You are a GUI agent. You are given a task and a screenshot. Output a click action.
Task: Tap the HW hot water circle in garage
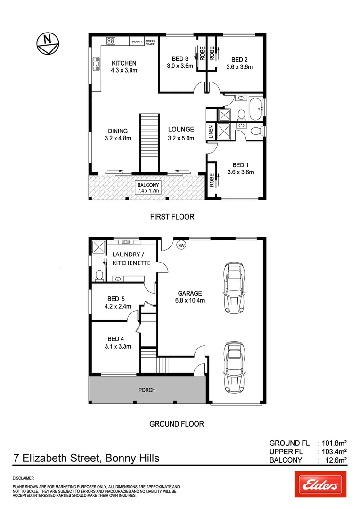click(x=181, y=245)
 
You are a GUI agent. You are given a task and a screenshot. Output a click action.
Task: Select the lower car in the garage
click(x=234, y=366)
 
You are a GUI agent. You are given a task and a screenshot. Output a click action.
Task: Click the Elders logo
click(x=320, y=484)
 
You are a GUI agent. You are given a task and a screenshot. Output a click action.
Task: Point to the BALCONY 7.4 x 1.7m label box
click(x=148, y=188)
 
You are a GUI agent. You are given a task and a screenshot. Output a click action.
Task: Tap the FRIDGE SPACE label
click(x=150, y=42)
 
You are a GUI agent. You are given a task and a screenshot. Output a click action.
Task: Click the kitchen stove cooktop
click(x=111, y=41)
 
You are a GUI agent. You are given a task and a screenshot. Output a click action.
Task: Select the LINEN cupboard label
click(x=210, y=133)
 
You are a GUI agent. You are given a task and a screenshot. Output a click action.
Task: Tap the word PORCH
click(x=147, y=390)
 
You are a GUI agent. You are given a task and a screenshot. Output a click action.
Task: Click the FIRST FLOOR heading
click(x=172, y=217)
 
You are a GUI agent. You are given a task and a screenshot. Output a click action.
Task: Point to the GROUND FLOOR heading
click(x=176, y=424)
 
